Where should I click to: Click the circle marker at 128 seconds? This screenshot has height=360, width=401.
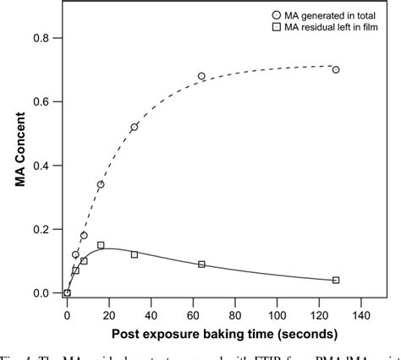tap(336, 69)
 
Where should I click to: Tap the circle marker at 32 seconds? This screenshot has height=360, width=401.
tap(135, 127)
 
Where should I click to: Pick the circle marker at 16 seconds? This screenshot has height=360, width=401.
tap(101, 184)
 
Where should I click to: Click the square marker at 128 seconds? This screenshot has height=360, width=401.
tap(336, 280)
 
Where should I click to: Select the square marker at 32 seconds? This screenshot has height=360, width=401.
tap(135, 254)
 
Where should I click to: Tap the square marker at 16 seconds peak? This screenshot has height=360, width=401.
tap(101, 245)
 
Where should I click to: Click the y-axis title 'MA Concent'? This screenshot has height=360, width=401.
tap(16, 165)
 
